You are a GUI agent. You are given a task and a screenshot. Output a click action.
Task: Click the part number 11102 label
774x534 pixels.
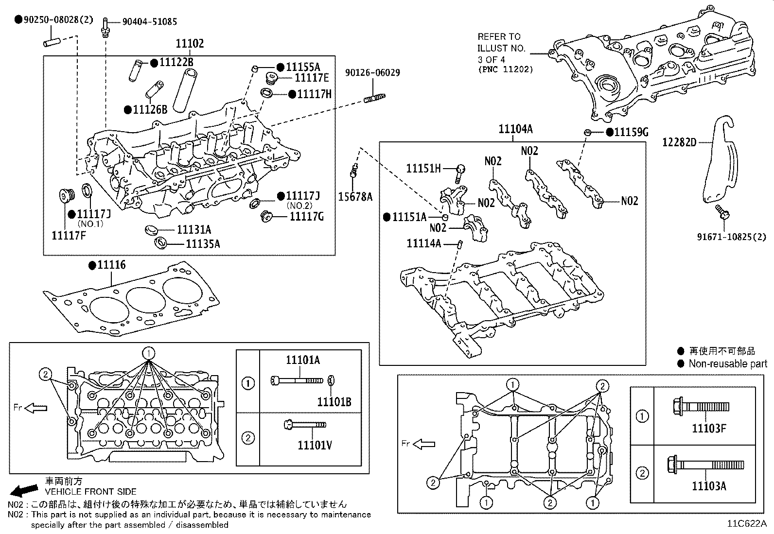[x=190, y=44]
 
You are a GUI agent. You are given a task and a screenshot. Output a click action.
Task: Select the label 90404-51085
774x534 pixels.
[x=149, y=21]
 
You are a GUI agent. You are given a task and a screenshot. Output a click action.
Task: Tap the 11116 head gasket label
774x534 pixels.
[x=111, y=265]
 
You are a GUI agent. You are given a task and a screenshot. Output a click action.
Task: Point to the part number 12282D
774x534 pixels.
[x=679, y=142]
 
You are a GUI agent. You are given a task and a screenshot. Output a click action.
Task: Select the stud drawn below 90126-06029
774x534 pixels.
[x=374, y=99]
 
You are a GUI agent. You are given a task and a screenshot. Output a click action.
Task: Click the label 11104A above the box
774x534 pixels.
[x=515, y=129]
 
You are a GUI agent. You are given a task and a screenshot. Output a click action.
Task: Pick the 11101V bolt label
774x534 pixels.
[x=315, y=445]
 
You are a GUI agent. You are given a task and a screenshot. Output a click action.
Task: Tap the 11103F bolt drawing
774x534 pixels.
[x=699, y=405]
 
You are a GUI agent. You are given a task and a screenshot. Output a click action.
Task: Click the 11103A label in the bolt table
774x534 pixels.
[x=709, y=486]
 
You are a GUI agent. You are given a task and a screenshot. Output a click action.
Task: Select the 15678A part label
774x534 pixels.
[x=355, y=196]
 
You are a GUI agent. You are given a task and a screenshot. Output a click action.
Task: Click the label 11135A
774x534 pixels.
[x=203, y=243]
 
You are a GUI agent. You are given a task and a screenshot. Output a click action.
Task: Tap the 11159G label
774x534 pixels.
[x=631, y=132]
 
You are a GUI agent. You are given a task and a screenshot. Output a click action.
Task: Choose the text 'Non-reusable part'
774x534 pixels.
[x=727, y=363]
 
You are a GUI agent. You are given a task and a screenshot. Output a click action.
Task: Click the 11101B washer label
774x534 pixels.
[x=334, y=402]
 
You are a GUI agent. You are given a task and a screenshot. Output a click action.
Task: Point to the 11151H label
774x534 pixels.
[x=423, y=168]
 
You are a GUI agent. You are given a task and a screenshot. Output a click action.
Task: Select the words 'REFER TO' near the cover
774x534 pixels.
[x=499, y=36]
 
